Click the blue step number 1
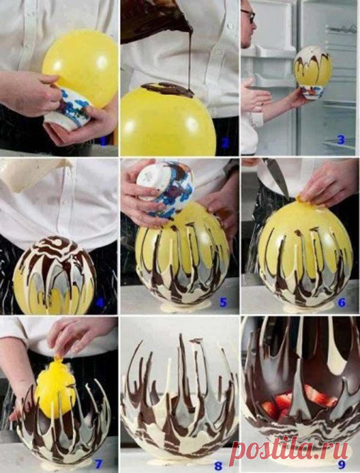104,140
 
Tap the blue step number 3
341,140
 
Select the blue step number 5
223,302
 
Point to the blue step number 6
341,302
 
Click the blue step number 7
98,463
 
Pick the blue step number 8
218,465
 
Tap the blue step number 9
341,465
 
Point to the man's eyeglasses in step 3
248,15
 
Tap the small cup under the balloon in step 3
313,92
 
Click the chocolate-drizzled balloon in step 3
312,66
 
